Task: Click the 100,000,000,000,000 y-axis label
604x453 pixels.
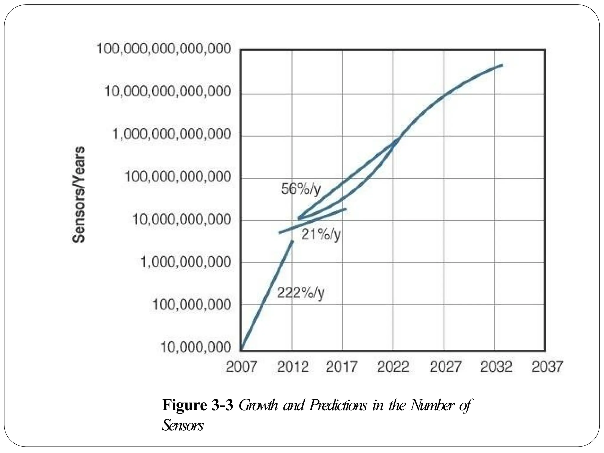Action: [x=164, y=49]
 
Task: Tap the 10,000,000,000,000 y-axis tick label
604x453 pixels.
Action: [x=168, y=92]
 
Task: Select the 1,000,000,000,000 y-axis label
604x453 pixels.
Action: [x=171, y=135]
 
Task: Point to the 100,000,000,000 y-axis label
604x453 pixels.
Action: [x=178, y=177]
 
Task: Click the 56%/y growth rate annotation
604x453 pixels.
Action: [x=301, y=189]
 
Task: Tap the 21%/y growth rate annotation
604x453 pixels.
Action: [x=321, y=235]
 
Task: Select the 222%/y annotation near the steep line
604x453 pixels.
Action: [x=301, y=293]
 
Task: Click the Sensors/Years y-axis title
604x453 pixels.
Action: [x=78, y=195]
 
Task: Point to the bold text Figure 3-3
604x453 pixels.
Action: [x=198, y=406]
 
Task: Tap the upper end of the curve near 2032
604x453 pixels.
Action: [x=501, y=65]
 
